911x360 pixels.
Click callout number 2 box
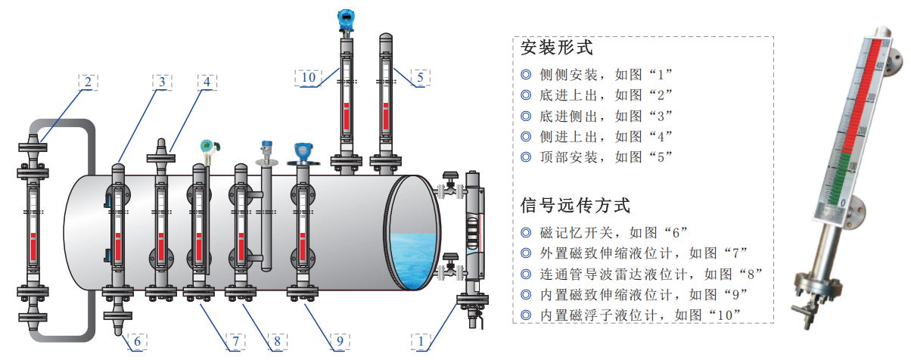click(x=89, y=82)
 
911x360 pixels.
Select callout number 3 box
click(x=162, y=82)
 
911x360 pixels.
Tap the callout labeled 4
click(x=207, y=82)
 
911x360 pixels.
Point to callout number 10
click(x=308, y=78)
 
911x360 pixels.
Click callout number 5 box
click(x=421, y=78)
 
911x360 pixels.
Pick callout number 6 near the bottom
click(x=138, y=341)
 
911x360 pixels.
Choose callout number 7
click(x=235, y=341)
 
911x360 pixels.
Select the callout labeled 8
click(x=278, y=341)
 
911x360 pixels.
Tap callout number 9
click(x=340, y=341)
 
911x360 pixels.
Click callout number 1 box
click(x=421, y=341)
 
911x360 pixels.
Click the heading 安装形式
click(x=557, y=48)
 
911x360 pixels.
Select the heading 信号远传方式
click(x=576, y=206)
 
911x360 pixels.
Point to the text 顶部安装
click(x=568, y=157)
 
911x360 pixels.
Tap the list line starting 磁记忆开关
click(x=605, y=233)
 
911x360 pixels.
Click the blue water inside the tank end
click(x=412, y=261)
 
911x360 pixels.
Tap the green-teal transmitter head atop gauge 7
click(x=209, y=146)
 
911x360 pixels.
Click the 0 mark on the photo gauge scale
click(x=843, y=203)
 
